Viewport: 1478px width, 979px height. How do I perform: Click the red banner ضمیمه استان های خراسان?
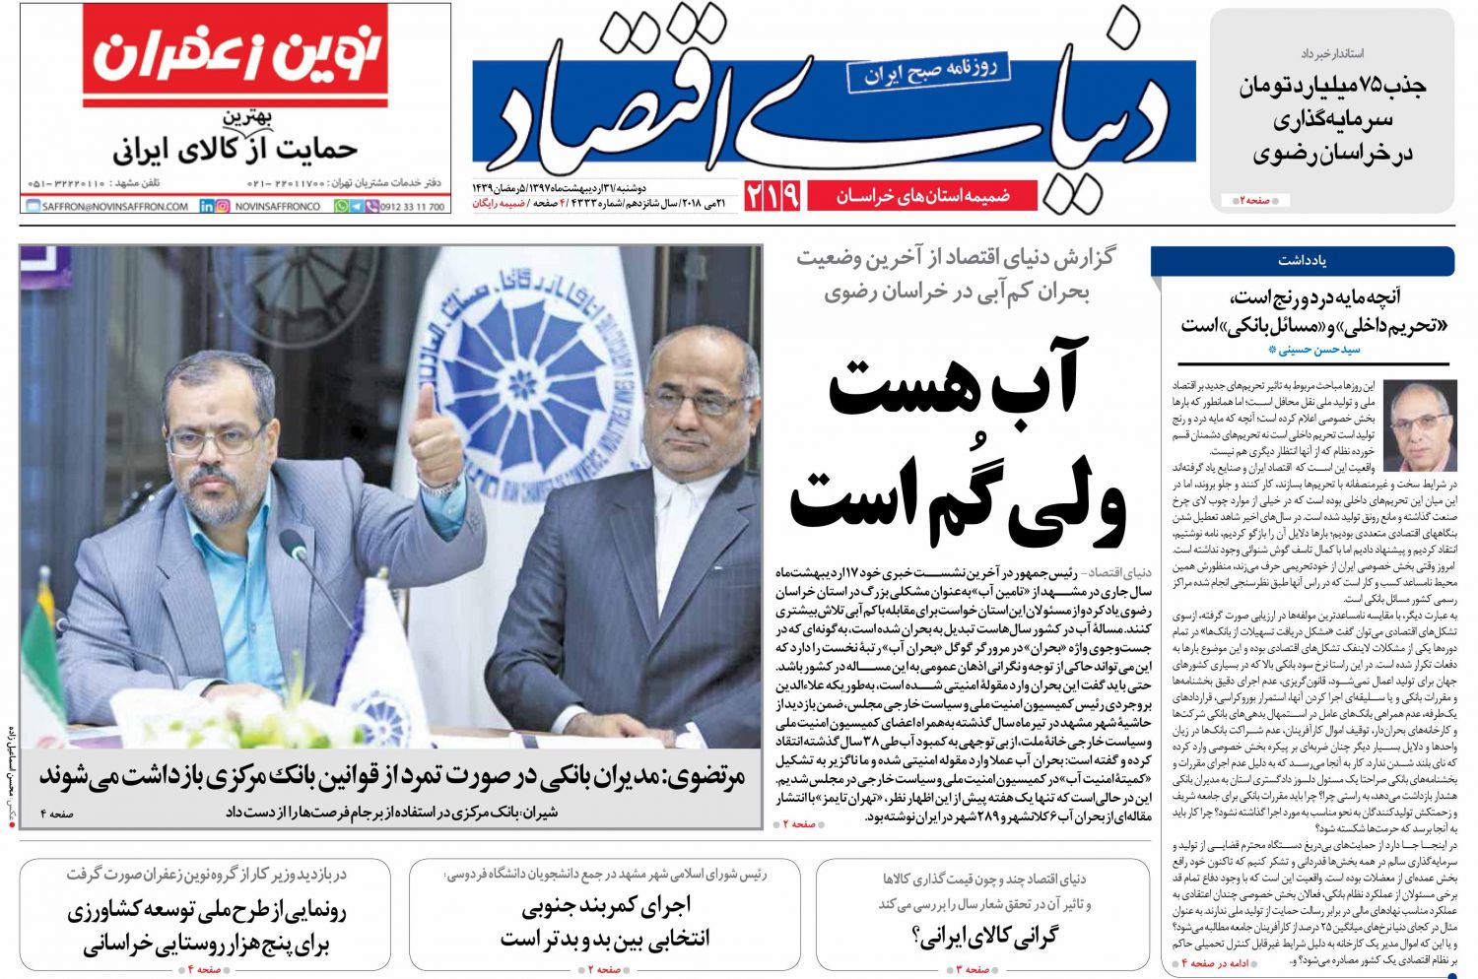[923, 196]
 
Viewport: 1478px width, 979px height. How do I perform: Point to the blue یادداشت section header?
[1302, 261]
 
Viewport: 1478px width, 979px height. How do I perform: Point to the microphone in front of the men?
[296, 547]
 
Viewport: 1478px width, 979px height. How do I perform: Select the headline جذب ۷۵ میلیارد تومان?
[1332, 87]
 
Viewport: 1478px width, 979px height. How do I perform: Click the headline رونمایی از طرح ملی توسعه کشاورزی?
[207, 911]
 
